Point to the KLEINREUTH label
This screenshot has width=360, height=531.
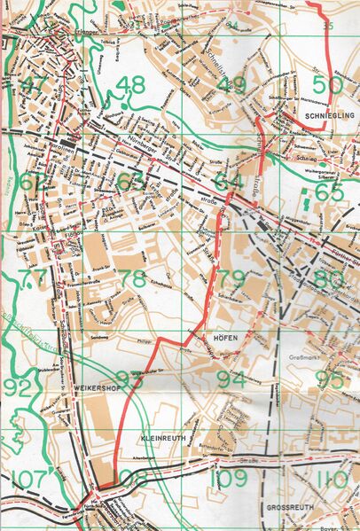point(159,439)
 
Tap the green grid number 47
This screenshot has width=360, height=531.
point(34,85)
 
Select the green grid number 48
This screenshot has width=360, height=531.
point(130,85)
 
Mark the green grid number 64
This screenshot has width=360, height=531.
point(228,183)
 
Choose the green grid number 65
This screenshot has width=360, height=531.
point(329,191)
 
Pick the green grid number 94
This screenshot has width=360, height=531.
point(231,379)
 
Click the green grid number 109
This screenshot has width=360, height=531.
point(231,480)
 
